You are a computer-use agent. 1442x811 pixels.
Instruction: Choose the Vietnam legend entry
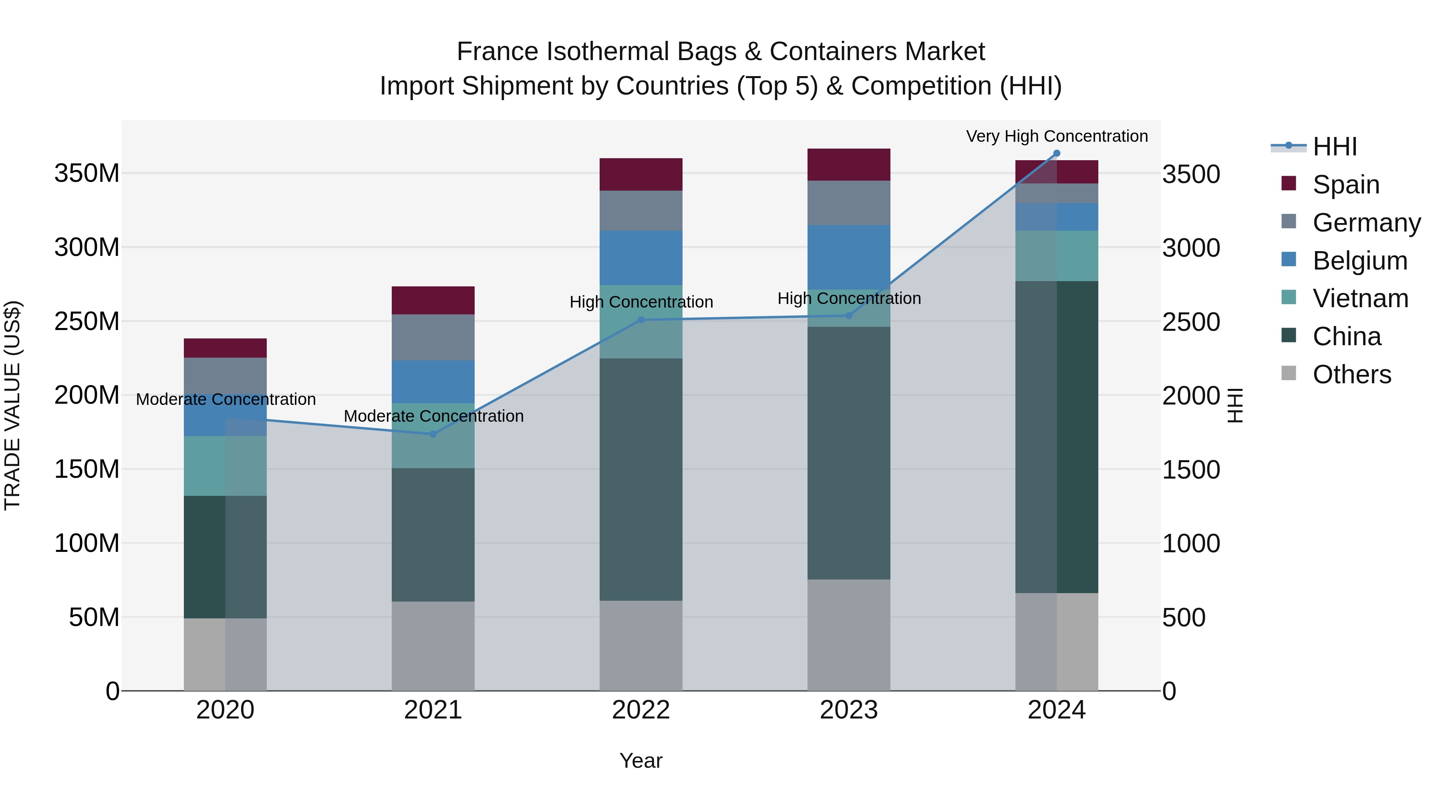1360,298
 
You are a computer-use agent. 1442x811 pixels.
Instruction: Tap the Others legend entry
1351,374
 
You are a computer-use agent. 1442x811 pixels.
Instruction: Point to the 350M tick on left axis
87,173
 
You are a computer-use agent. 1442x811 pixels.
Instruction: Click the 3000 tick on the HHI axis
1191,248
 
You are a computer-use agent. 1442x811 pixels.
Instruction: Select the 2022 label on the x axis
641,710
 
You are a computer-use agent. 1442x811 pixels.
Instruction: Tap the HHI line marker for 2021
433,434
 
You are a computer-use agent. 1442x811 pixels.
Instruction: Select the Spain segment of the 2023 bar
849,165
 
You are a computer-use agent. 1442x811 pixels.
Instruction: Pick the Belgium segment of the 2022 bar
641,258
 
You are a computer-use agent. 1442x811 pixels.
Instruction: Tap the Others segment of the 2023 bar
849,635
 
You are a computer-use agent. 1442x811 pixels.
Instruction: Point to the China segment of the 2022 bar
641,480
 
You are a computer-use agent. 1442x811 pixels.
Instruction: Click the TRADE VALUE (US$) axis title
12,405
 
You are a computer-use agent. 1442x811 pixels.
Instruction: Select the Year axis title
641,761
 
